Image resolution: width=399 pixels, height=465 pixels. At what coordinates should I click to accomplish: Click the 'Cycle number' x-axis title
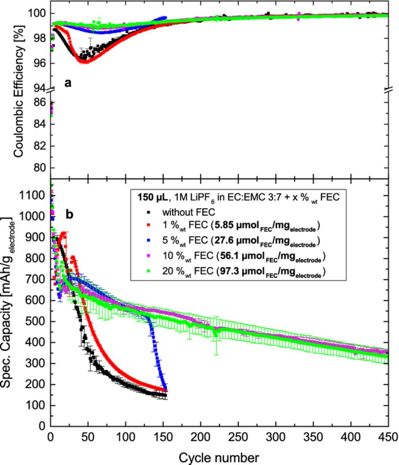[219, 457]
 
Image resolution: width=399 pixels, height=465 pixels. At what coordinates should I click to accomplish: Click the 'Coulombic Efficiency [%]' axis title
[19, 91]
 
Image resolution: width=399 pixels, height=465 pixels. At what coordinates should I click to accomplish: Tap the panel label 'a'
[68, 83]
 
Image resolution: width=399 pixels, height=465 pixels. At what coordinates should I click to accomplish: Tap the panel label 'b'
[69, 214]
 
